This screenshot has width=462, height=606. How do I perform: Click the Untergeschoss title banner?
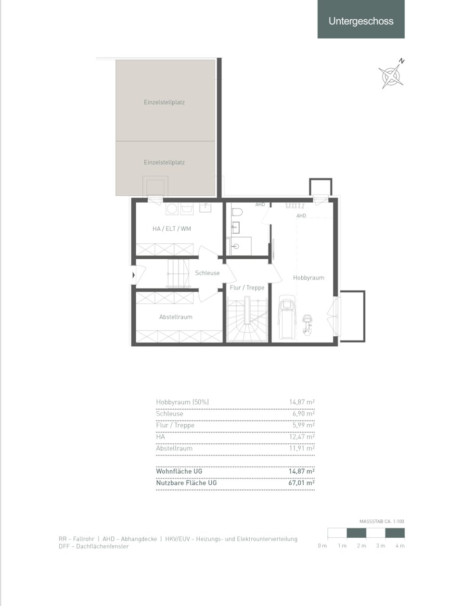point(360,19)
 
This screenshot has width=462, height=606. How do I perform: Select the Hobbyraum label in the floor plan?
point(308,278)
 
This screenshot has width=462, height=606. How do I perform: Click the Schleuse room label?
point(207,273)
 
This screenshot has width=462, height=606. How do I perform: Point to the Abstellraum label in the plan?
point(176,317)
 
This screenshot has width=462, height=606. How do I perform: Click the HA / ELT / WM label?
point(172,228)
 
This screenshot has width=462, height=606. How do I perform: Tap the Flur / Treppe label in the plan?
point(247,288)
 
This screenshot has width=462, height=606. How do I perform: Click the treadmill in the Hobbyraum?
point(287,317)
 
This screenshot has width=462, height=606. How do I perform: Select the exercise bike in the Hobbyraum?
point(306,325)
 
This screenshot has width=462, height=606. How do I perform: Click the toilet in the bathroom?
point(237,212)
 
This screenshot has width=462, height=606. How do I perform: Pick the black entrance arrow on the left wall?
point(134,275)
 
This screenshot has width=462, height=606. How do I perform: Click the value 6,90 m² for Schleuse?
point(304,414)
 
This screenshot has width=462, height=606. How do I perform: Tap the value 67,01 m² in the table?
point(302,483)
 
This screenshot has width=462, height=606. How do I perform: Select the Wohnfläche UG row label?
point(179,471)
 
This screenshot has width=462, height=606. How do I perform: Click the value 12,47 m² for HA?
point(302,437)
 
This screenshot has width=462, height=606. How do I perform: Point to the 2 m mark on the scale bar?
point(361,546)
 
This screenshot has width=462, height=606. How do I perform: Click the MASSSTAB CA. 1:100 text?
point(382,521)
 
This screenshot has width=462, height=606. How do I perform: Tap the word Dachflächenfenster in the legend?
point(103,546)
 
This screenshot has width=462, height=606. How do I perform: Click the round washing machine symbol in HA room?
point(172,209)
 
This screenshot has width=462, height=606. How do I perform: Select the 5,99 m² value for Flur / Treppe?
point(304,425)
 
